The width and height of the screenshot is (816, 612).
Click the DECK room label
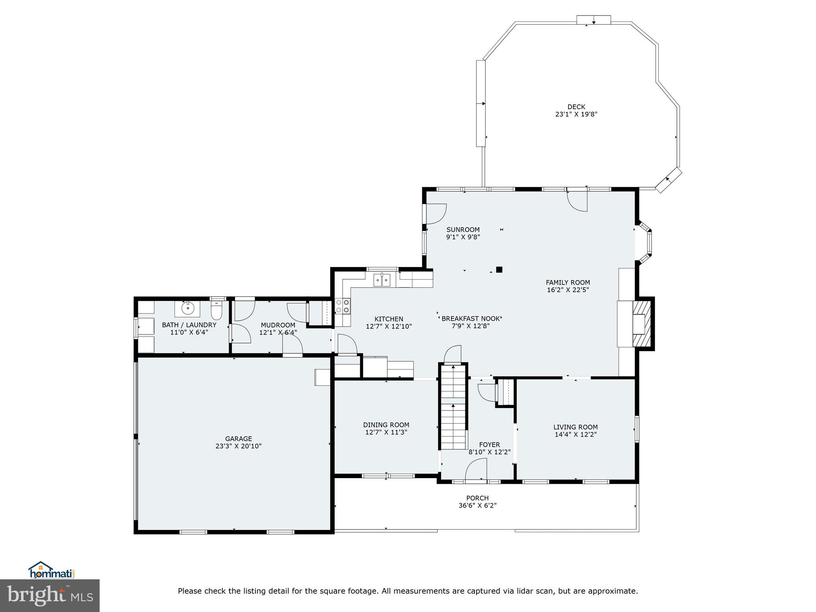tap(576, 107)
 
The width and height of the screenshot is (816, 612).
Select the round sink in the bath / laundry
tap(187, 308)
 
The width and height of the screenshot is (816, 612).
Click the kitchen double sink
tap(382, 280)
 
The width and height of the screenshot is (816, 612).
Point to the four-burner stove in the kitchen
tap(342, 306)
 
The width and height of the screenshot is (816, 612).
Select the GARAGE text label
tap(238, 439)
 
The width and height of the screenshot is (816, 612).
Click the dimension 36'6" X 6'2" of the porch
tap(477, 506)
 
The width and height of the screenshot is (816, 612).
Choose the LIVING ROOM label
tap(575, 427)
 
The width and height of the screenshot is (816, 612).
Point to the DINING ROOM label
tap(386, 425)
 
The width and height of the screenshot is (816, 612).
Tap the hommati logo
tap(51, 570)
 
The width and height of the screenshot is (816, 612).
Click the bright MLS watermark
tap(50, 596)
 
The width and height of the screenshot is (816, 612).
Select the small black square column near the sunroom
tap(499, 269)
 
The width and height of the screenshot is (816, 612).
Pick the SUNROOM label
tap(463, 229)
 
